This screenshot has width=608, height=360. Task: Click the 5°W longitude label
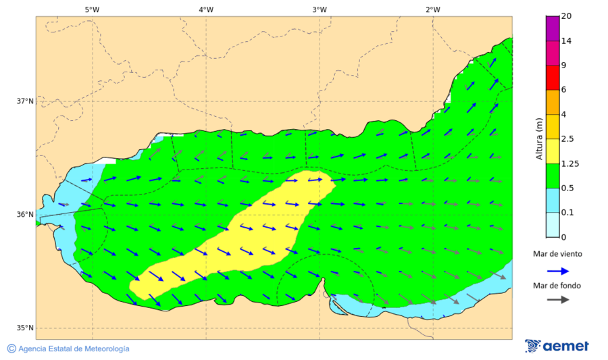click(92, 9)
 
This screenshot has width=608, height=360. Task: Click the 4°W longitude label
click(206, 9)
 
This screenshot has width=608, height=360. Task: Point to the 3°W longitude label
click(320, 9)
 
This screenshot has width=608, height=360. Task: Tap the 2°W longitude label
click(433, 9)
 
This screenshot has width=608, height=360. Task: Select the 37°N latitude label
click(25, 101)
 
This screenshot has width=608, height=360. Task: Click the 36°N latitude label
click(25, 215)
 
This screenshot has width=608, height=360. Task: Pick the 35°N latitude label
click(25, 328)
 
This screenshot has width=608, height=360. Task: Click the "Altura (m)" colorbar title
click(539, 138)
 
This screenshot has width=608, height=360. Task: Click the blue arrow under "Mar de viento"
click(557, 270)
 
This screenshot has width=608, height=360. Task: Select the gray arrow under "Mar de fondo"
click(557, 299)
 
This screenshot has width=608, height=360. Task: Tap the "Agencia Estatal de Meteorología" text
click(74, 349)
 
